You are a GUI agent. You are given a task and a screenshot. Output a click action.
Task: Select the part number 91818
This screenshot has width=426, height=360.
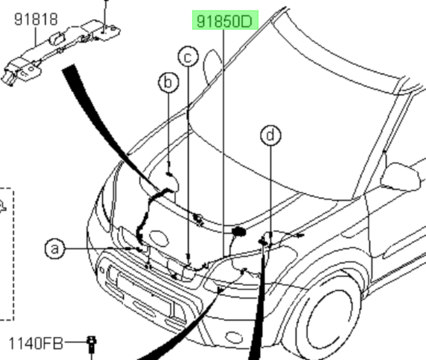[x=36, y=20]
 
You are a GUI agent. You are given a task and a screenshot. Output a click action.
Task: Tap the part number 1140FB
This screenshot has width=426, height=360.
[x=36, y=343]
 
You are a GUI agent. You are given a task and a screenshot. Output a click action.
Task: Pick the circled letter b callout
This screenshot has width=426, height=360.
[x=168, y=82]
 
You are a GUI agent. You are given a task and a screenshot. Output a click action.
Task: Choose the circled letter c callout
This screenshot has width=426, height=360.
[x=187, y=57]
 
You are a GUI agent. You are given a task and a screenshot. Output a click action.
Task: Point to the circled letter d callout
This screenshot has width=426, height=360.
[x=271, y=136]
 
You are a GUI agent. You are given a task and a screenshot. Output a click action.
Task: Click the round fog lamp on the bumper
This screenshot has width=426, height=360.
[x=112, y=273]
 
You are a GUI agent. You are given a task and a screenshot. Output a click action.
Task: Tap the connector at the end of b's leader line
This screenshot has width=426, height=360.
[x=169, y=174]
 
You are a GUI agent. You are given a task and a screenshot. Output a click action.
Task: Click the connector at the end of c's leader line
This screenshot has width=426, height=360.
[x=189, y=260]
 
